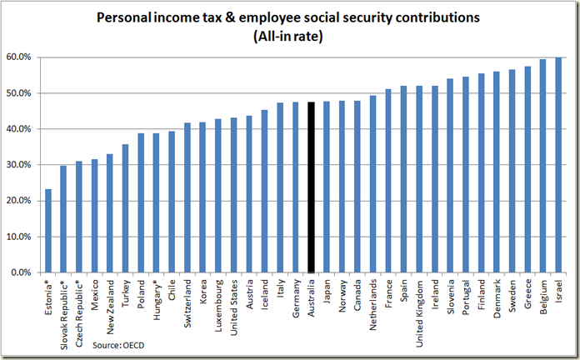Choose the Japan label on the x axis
[327, 288]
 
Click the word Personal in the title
[125, 17]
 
